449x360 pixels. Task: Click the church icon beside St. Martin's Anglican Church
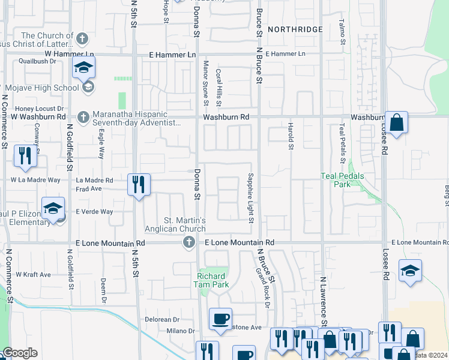coord(188,242)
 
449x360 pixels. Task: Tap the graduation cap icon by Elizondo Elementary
coord(53,208)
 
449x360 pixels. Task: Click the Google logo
coord(19,353)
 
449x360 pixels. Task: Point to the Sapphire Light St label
coord(250,197)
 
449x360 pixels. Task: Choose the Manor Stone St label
coord(205,82)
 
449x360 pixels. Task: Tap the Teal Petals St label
coord(342,143)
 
